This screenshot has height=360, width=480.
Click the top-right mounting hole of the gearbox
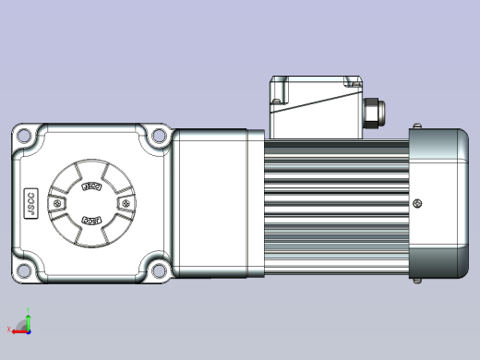coord(158,138)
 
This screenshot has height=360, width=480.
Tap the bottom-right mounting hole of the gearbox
coord(158,270)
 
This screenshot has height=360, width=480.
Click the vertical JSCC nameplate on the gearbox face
coord(28,203)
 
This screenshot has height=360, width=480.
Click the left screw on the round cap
coord(61,203)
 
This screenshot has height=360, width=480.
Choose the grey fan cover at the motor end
coord(438,203)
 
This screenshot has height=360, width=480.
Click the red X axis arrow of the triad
coord(11,329)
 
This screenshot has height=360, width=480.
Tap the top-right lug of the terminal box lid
coord(354,80)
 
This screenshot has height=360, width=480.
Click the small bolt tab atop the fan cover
coord(418,126)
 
